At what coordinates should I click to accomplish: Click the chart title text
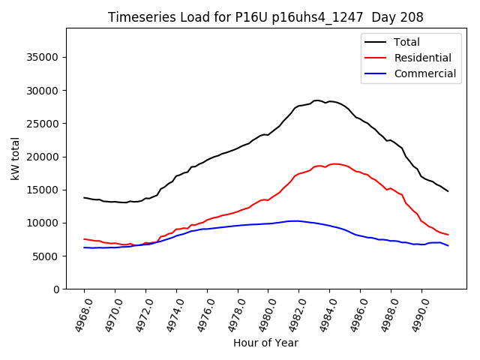(x=265, y=17)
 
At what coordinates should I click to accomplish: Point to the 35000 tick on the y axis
(x=43, y=58)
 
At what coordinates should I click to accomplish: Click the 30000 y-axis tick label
(x=43, y=91)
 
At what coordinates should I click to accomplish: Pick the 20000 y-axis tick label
(x=43, y=157)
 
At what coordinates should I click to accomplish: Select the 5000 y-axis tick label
(x=46, y=256)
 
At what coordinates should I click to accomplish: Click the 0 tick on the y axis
(x=55, y=289)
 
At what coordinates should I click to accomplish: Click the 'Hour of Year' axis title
(x=265, y=343)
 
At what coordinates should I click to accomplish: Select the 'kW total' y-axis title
(x=16, y=159)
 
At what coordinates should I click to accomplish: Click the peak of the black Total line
(x=317, y=100)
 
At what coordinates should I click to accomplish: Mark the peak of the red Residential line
(x=335, y=163)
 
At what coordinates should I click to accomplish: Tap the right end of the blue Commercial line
(x=448, y=246)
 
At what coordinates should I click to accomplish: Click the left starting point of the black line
(x=84, y=198)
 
